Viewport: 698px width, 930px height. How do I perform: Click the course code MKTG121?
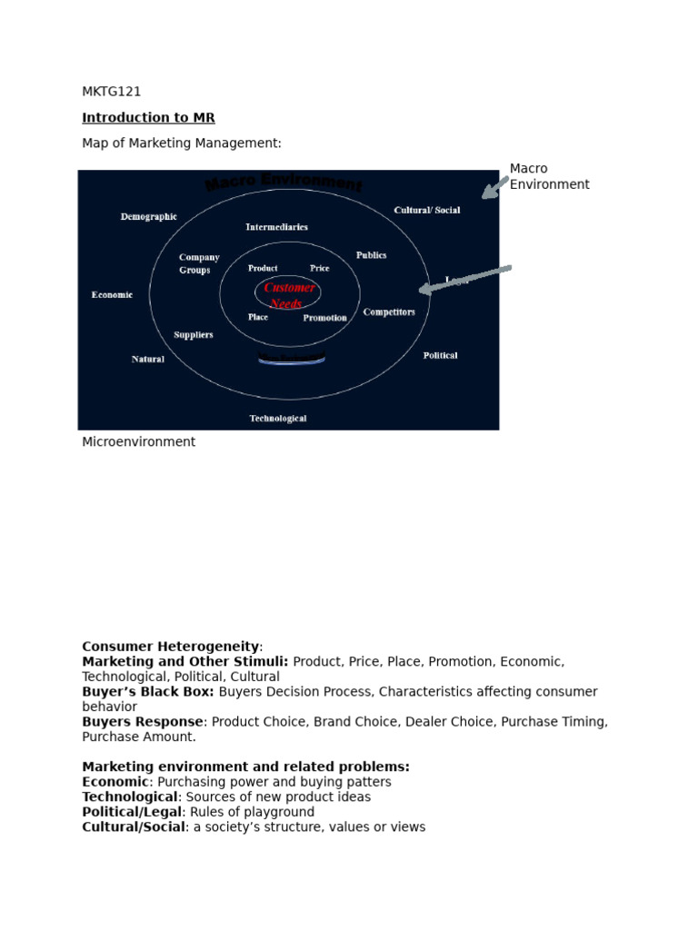pyautogui.click(x=111, y=92)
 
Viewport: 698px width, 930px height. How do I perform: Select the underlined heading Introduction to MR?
pyautogui.click(x=148, y=118)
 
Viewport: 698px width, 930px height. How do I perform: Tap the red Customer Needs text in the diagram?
pyautogui.click(x=289, y=295)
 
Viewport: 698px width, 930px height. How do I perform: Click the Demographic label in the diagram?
pyautogui.click(x=149, y=217)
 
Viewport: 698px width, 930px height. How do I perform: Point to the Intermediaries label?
pyautogui.click(x=276, y=227)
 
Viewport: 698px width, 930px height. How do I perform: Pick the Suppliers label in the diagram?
pyautogui.click(x=194, y=335)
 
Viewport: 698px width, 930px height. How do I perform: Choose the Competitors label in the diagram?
pyautogui.click(x=389, y=312)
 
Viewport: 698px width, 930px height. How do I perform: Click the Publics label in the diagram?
pyautogui.click(x=371, y=256)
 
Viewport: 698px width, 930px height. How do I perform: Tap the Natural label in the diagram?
pyautogui.click(x=148, y=360)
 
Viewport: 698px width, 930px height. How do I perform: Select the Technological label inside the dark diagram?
pyautogui.click(x=278, y=419)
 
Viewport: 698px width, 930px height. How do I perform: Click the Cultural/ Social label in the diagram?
pyautogui.click(x=427, y=211)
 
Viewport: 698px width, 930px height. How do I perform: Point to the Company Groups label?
pyautogui.click(x=198, y=263)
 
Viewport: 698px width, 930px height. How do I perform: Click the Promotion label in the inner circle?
pyautogui.click(x=324, y=318)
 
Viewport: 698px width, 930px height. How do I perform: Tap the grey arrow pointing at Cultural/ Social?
pyautogui.click(x=494, y=187)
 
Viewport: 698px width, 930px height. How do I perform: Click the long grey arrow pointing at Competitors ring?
pyautogui.click(x=464, y=279)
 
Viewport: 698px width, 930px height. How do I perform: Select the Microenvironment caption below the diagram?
pyautogui.click(x=138, y=442)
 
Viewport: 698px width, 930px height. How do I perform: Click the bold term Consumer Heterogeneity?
pyautogui.click(x=170, y=647)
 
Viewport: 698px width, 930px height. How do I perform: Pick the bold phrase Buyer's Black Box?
pyautogui.click(x=148, y=692)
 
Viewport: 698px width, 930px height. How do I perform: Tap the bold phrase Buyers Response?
pyautogui.click(x=143, y=722)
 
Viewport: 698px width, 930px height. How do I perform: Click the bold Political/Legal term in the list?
pyautogui.click(x=132, y=812)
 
